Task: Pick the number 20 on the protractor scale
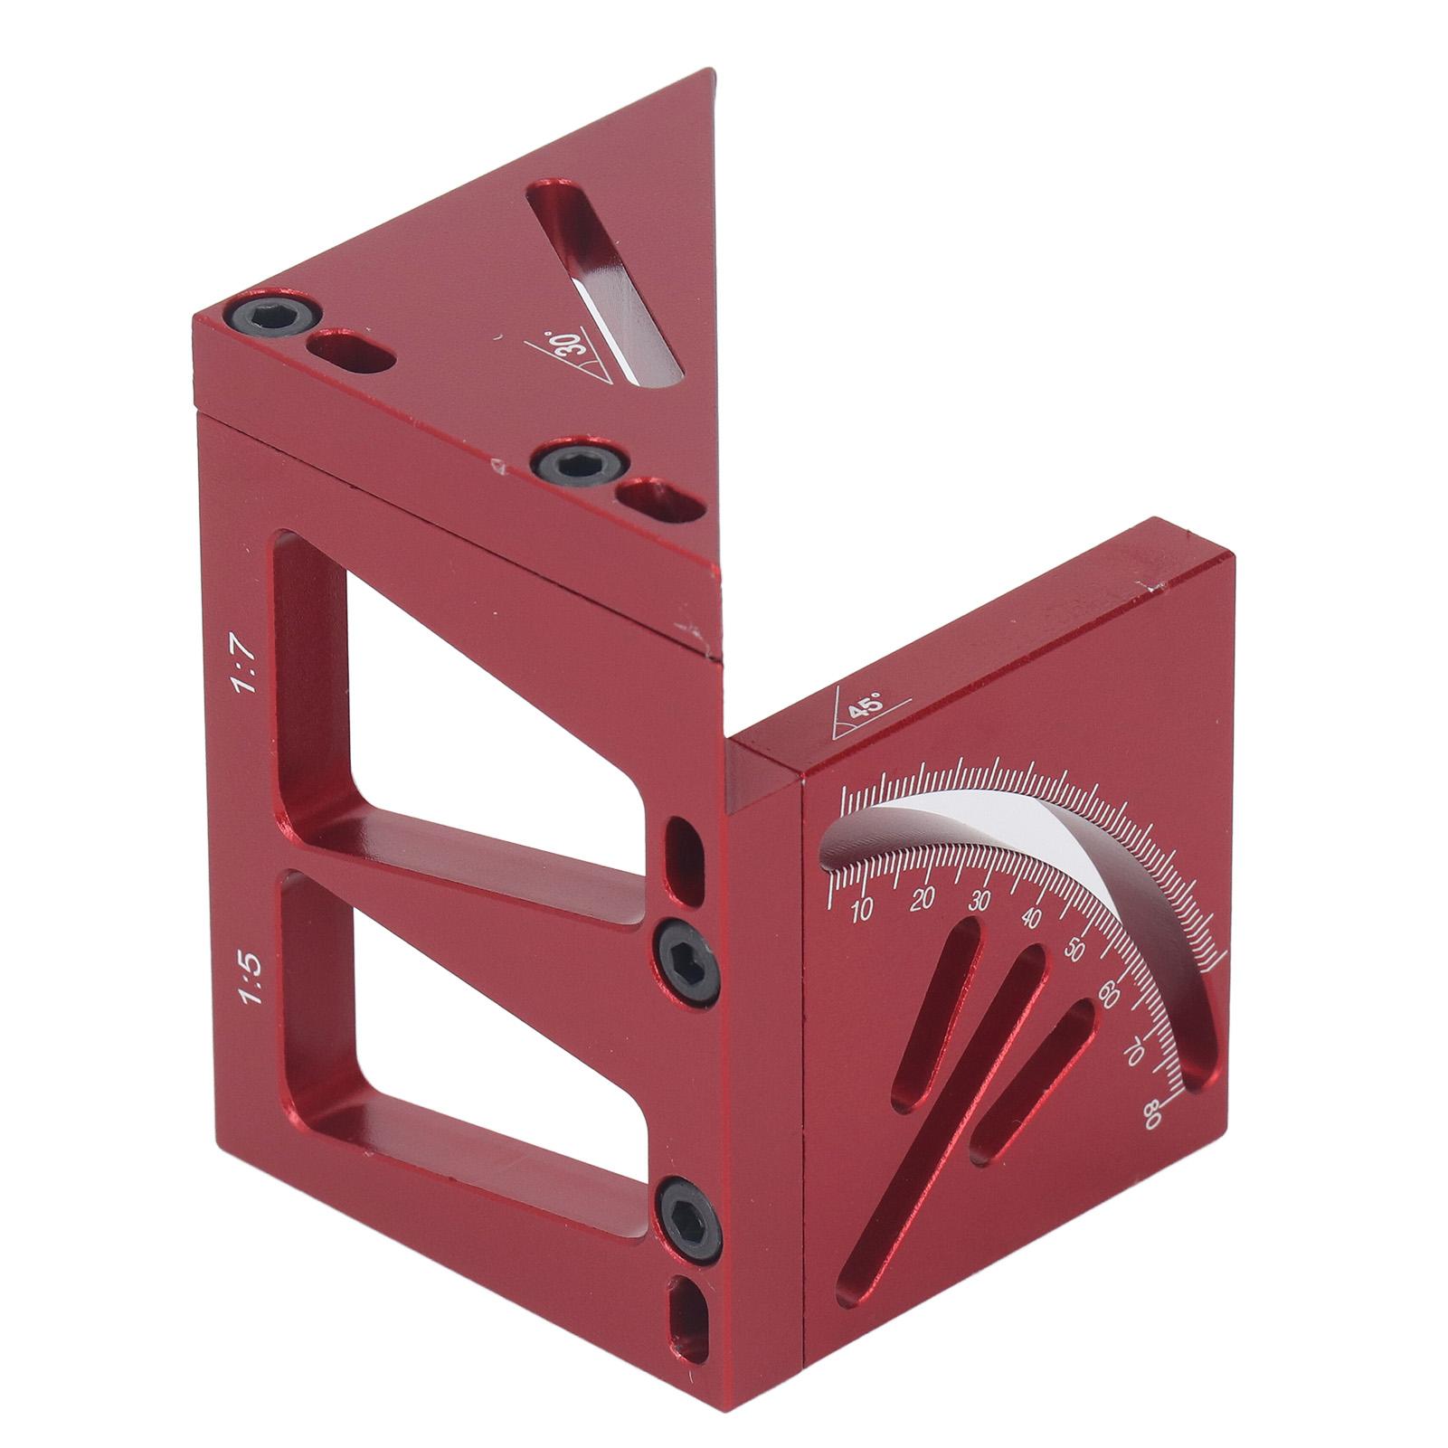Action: (923, 898)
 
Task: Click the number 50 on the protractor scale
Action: (1074, 951)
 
